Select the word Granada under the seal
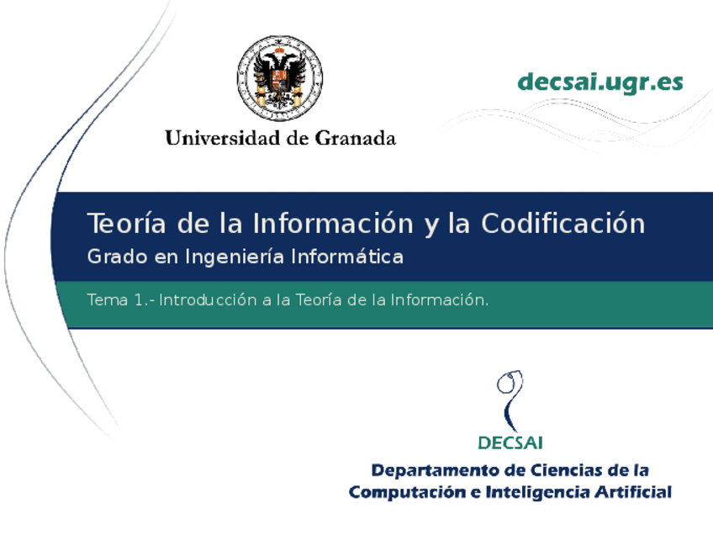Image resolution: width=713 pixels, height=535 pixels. click(355, 138)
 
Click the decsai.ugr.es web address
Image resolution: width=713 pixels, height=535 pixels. click(600, 82)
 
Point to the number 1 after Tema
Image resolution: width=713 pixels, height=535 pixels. click(139, 299)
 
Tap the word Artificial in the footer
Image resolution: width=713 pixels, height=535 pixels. click(636, 492)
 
